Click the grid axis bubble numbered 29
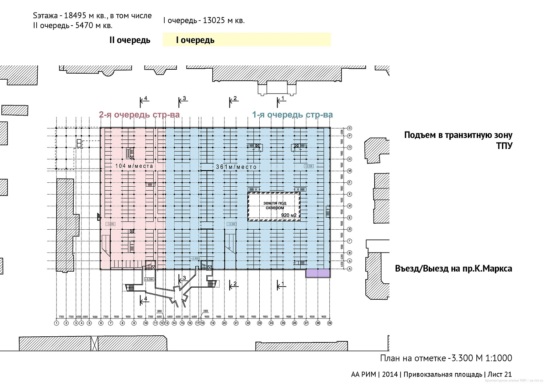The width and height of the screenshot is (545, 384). point(330,323)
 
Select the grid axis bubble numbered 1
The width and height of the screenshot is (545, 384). point(57,323)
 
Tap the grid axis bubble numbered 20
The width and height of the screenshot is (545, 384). point(224,323)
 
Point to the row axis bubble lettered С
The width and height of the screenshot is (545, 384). point(350,128)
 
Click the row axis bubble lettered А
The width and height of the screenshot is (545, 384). point(350,269)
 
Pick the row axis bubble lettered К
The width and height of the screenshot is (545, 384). point(350,194)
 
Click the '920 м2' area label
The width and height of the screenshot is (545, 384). point(289,215)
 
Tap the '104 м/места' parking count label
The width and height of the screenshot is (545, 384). point(134,166)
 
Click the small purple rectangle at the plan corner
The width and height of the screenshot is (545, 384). point(318,273)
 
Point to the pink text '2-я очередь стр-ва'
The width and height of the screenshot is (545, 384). point(139,115)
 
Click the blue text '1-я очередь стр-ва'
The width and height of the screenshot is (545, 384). point(292,115)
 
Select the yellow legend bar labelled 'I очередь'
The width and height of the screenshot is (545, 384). point(247,40)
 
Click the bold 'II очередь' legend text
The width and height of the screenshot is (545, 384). point(130,40)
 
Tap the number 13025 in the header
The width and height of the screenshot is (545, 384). point(214,21)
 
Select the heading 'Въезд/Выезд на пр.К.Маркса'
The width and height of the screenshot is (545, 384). point(453,268)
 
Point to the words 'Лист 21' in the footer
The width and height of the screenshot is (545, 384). point(499,374)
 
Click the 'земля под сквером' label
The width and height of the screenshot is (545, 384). point(275,205)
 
